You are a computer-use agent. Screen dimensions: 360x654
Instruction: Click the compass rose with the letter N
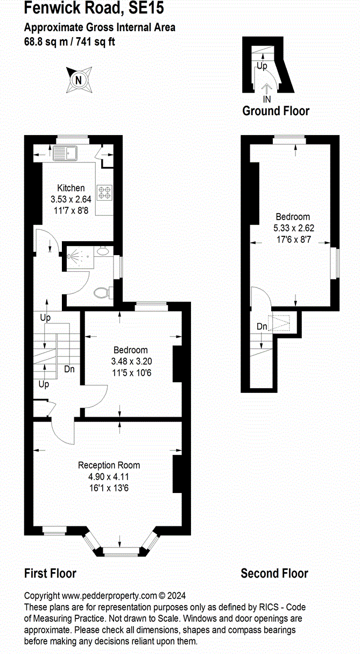[79, 80]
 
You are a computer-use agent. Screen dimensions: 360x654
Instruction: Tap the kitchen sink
[65, 153]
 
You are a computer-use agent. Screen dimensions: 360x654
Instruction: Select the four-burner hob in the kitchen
[104, 192]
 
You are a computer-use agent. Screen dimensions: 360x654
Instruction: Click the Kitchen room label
[71, 188]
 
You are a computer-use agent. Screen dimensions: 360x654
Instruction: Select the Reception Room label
[109, 465]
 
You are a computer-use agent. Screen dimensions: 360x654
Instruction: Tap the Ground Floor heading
[276, 111]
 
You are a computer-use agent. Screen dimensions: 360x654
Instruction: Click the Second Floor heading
[274, 573]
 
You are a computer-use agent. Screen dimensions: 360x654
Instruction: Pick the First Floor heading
[50, 573]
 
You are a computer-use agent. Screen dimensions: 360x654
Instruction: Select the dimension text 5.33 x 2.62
[294, 228]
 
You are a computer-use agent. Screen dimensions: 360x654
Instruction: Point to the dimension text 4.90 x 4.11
[109, 476]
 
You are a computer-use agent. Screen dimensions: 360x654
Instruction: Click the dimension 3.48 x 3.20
[131, 362]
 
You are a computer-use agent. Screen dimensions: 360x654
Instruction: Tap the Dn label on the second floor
[262, 326]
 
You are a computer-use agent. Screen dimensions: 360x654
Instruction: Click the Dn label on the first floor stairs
[69, 369]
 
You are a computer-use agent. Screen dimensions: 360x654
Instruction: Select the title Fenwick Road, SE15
[94, 8]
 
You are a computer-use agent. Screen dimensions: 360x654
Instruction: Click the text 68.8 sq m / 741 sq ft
[69, 41]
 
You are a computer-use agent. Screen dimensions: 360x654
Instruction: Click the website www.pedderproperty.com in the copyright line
[109, 595]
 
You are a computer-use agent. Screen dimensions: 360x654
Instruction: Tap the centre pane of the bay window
[121, 551]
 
